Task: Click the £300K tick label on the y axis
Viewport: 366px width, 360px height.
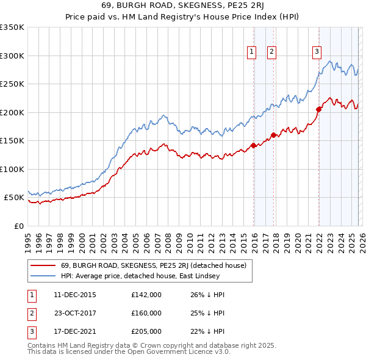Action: (12, 56)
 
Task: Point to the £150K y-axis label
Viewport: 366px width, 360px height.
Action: (12, 140)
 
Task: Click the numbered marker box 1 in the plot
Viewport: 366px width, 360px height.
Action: (251, 52)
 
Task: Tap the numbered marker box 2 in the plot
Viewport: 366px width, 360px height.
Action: (271, 52)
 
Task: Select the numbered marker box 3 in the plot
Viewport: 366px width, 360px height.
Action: (317, 52)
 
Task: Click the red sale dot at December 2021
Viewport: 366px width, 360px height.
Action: (318, 110)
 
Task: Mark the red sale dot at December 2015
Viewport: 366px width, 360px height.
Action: (253, 145)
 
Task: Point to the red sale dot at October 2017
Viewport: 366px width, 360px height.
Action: (273, 135)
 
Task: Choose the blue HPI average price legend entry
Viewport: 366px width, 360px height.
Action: (144, 276)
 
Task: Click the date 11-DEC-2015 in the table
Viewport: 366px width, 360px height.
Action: (75, 295)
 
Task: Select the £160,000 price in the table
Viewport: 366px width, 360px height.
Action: (146, 313)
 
